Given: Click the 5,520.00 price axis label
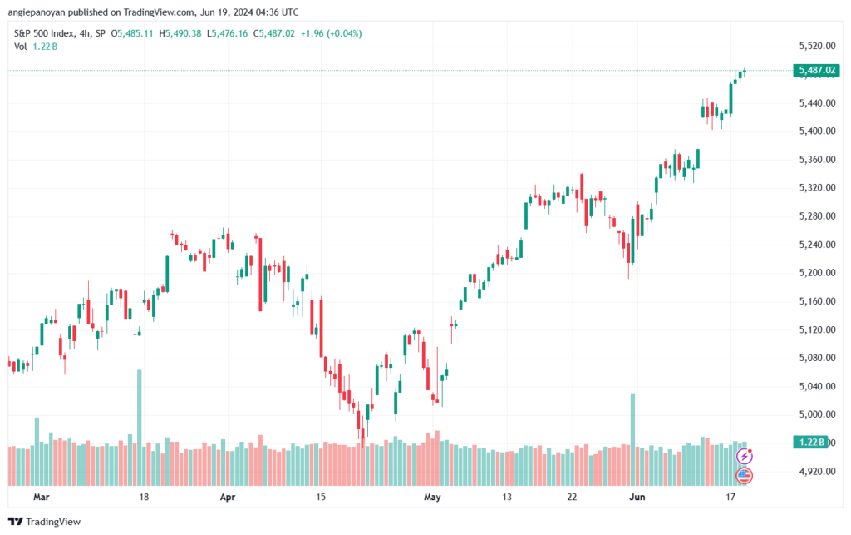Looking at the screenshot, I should (814, 46).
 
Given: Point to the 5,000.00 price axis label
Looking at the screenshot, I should (814, 414).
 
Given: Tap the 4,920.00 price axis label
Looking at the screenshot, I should (814, 471).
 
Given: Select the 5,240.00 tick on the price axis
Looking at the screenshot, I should (814, 245).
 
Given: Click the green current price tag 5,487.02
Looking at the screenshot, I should (816, 71).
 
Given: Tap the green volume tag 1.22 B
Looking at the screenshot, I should (809, 442).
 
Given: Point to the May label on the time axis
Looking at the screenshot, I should (431, 498).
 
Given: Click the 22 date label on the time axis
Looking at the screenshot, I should (573, 498).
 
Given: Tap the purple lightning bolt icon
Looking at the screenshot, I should (745, 456).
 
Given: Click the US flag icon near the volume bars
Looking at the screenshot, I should (745, 476).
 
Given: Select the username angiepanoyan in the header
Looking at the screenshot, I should (43, 12).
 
